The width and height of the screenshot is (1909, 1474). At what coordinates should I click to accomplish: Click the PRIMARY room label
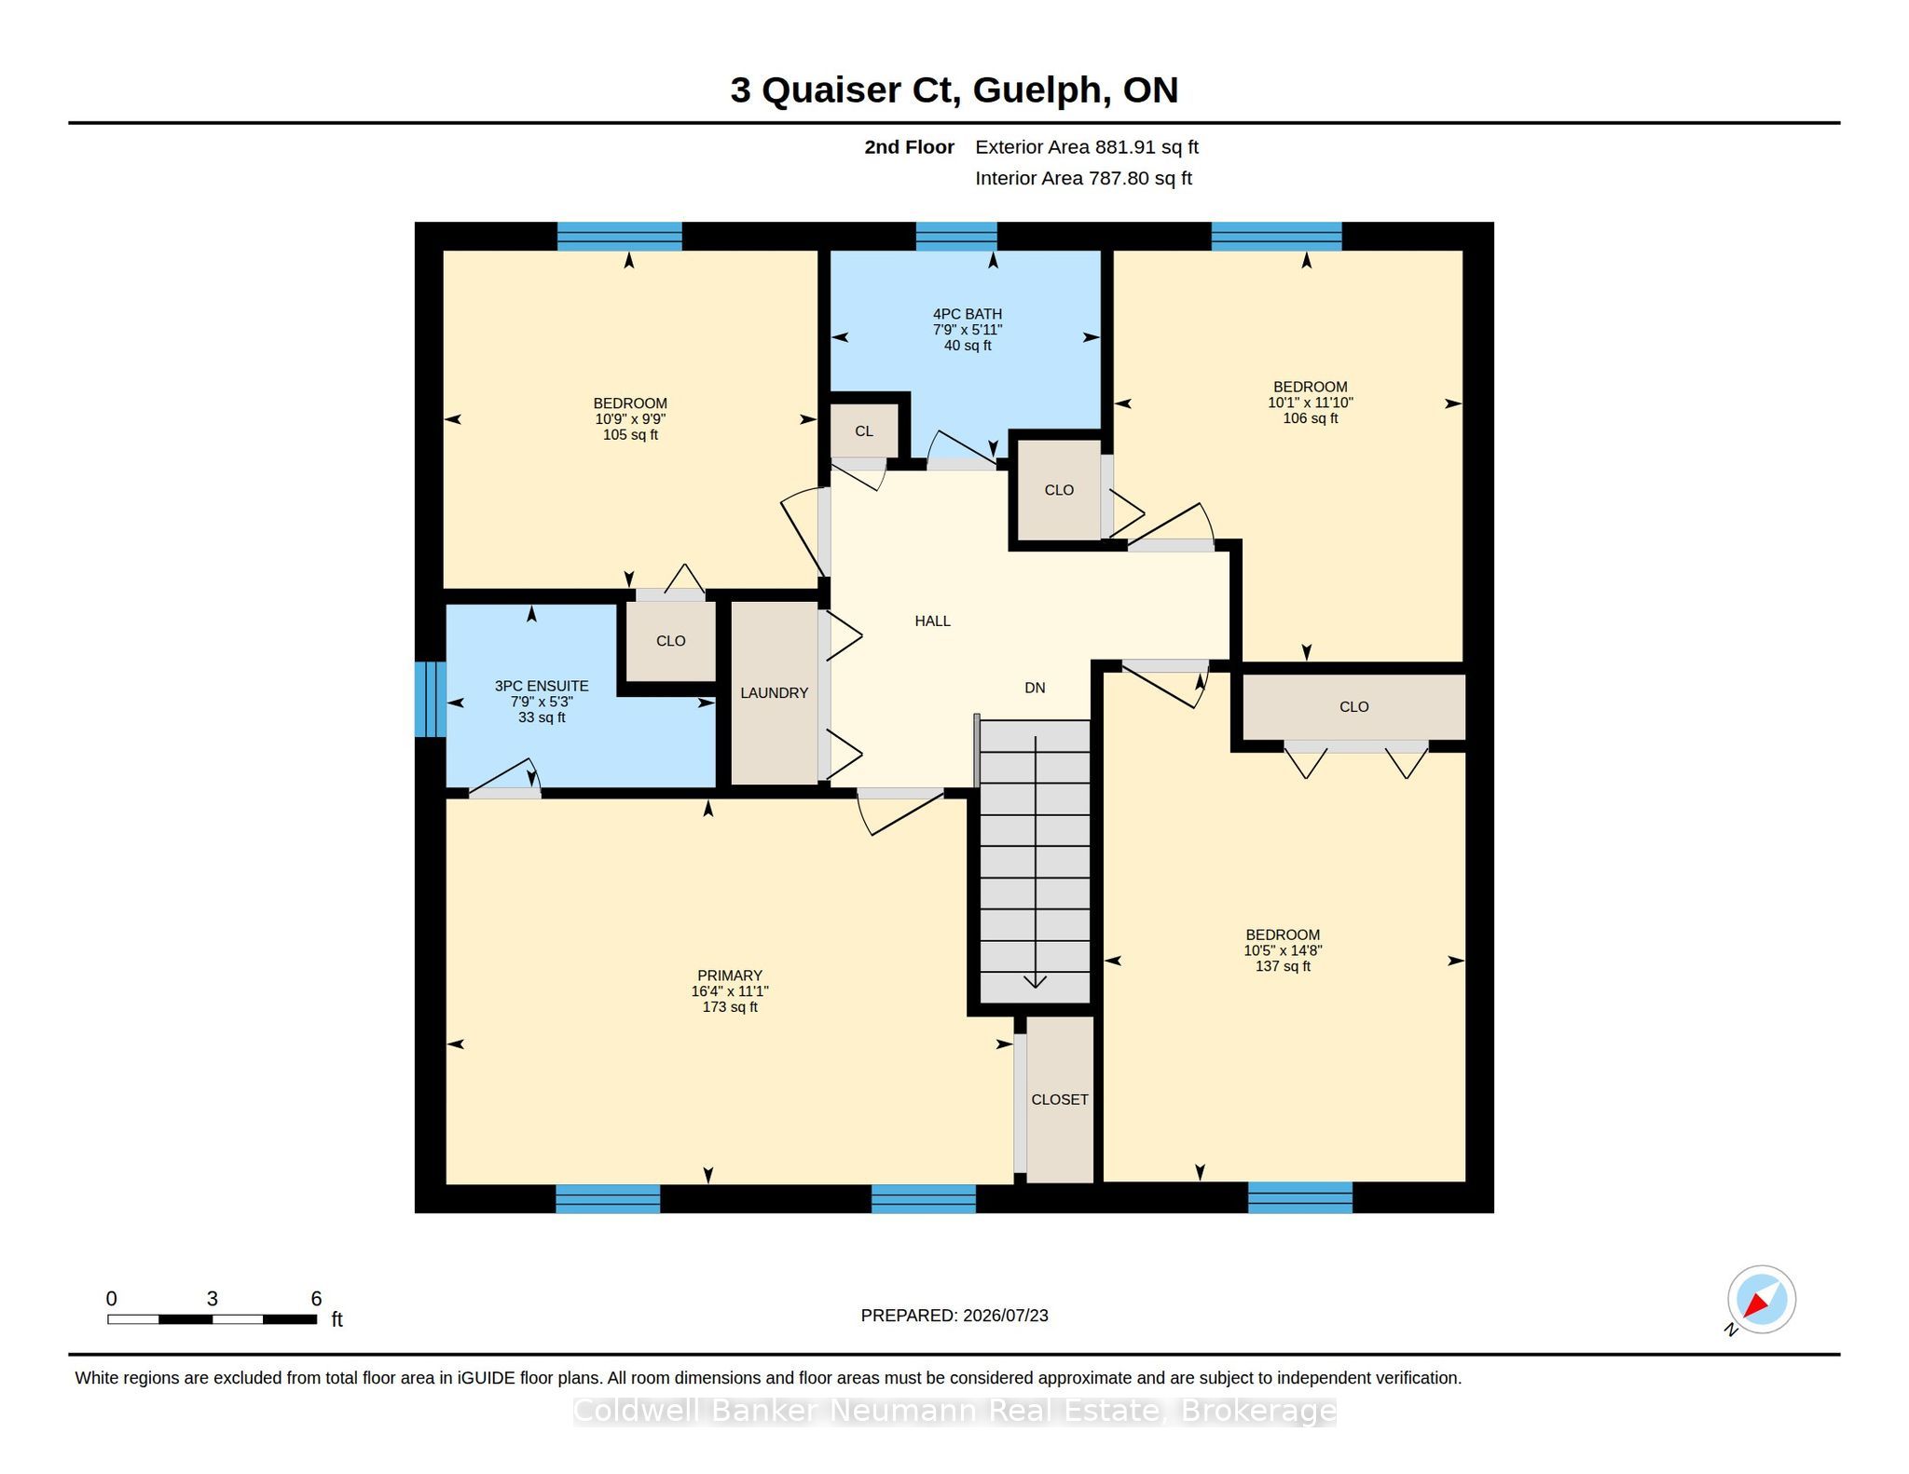pos(730,976)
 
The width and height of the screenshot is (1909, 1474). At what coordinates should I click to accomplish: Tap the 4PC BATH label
pos(968,314)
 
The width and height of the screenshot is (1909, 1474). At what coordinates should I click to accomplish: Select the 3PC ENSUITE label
pos(542,686)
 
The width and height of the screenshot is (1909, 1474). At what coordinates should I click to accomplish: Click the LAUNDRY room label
pos(774,693)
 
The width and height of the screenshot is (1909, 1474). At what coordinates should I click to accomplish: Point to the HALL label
pos(932,621)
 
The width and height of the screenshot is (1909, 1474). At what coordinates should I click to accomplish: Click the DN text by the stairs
pos(1035,688)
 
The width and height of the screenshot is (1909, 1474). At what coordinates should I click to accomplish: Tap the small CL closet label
pos(864,431)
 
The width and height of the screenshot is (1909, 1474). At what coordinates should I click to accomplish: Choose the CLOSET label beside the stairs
pos(1060,1099)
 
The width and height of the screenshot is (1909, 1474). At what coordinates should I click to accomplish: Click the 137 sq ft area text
pos(1283,966)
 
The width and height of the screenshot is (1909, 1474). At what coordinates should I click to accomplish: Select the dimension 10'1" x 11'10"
pos(1311,403)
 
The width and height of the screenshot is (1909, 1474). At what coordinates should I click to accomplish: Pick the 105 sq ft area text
pos(630,435)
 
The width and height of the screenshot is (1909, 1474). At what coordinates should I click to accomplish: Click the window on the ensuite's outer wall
pos(430,699)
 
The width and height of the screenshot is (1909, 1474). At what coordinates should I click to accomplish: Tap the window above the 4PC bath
pos(956,237)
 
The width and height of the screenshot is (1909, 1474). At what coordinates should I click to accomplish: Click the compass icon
pos(1761,1300)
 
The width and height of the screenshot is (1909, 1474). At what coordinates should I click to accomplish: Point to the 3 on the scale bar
pos(213,1299)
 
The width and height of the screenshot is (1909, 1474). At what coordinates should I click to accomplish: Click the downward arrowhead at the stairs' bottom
pos(1035,981)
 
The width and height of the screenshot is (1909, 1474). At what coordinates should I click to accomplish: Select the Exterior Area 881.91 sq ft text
pos(1087,147)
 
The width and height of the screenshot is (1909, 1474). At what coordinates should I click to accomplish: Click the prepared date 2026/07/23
pos(1006,1316)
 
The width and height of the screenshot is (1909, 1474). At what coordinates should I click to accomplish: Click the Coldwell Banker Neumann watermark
pos(954,1412)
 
